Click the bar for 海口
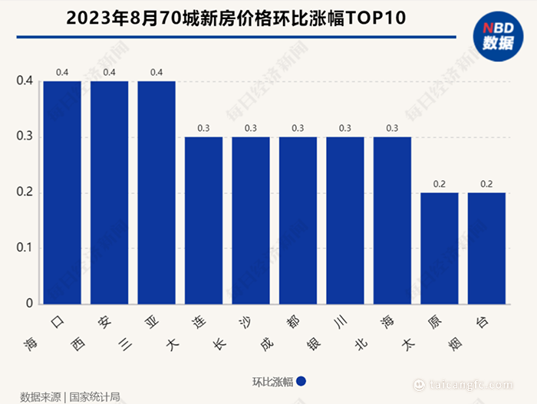(62, 192)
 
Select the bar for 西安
(110, 192)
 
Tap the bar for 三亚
(156, 192)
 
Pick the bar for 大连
(204, 221)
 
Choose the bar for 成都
(298, 221)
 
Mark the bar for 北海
(392, 221)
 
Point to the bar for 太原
(440, 248)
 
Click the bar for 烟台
(486, 248)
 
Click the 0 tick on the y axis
(29, 304)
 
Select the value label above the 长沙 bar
(251, 128)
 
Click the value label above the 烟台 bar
(486, 184)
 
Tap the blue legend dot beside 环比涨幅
(301, 381)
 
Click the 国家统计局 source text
(95, 397)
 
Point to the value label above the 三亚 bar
(156, 73)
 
